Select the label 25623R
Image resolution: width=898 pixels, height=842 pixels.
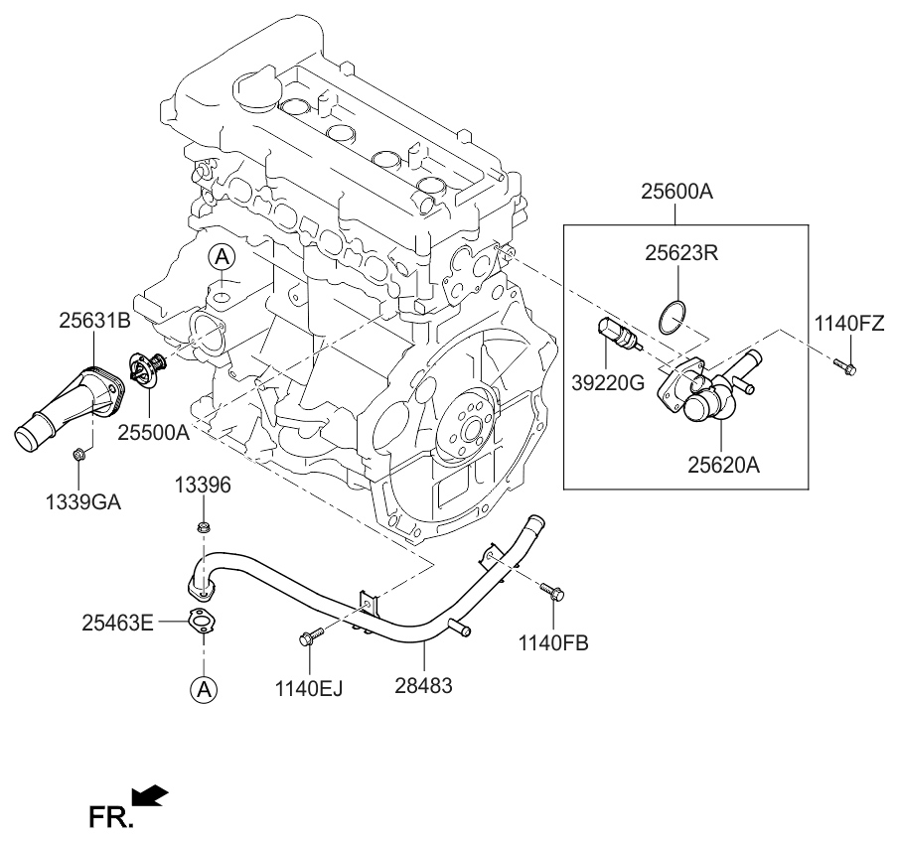point(682,254)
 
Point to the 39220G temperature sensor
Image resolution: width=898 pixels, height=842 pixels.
point(618,338)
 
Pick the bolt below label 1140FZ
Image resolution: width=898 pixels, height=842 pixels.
point(845,366)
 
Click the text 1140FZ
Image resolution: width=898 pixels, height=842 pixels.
point(849,323)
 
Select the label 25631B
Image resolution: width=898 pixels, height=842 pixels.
point(94,321)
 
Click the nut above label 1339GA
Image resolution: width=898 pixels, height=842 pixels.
point(78,456)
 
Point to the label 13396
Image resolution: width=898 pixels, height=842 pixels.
point(203,486)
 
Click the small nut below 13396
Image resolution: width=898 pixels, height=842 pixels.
point(203,525)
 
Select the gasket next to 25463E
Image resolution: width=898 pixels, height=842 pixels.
point(203,623)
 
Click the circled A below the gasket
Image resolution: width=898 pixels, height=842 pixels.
point(203,688)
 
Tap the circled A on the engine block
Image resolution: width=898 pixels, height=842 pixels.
point(223,258)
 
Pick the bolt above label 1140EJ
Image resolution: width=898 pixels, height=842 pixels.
point(310,634)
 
